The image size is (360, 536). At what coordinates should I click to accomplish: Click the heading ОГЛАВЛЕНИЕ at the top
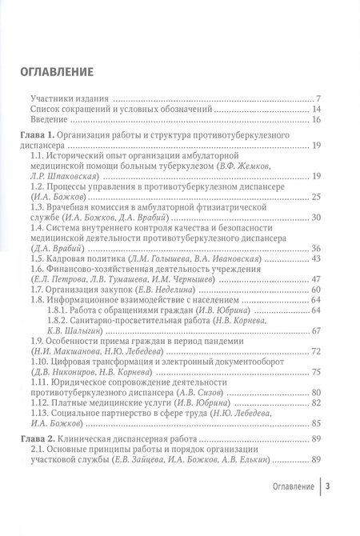pyautogui.click(x=56, y=72)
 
